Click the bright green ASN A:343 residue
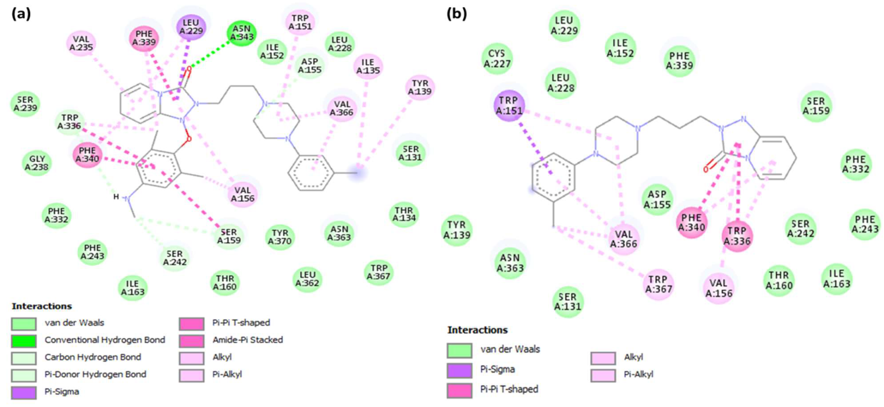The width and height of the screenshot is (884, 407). [242, 33]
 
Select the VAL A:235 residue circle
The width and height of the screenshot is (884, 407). [81, 43]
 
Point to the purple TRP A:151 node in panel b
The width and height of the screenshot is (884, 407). [509, 105]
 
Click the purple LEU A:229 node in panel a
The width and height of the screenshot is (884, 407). [191, 27]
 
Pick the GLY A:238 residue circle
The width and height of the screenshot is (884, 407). [37, 163]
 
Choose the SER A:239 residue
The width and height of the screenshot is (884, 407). [25, 104]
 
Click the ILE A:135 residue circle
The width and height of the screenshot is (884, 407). [368, 66]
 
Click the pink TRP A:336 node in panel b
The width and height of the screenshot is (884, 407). [737, 236]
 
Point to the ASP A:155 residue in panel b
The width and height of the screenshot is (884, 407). [657, 199]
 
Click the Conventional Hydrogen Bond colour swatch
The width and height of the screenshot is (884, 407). [23, 341]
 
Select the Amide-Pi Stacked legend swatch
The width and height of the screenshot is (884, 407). [191, 341]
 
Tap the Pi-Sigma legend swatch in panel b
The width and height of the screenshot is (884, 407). [459, 370]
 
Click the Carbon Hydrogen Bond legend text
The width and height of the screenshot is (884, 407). [93, 357]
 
